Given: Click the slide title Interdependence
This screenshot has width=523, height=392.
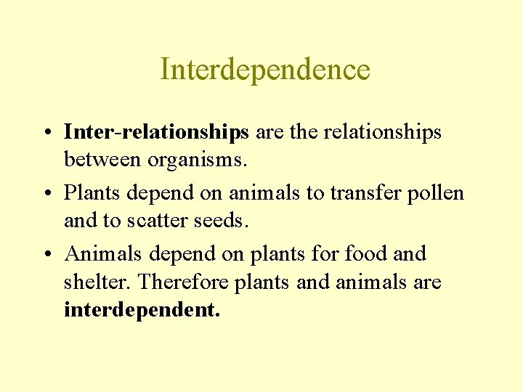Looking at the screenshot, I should pyautogui.click(x=265, y=70).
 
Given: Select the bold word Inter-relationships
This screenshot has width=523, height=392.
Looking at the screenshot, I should pyautogui.click(x=157, y=132).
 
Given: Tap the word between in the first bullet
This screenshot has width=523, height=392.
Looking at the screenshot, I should pyautogui.click(x=101, y=159).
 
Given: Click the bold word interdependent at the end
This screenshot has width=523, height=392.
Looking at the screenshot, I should pyautogui.click(x=142, y=310).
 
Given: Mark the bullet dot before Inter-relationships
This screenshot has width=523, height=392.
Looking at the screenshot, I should pyautogui.click(x=46, y=133).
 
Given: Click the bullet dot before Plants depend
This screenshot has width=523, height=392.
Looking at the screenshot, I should pyautogui.click(x=46, y=194).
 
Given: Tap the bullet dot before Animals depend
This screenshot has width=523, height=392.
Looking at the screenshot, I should pyautogui.click(x=46, y=255).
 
